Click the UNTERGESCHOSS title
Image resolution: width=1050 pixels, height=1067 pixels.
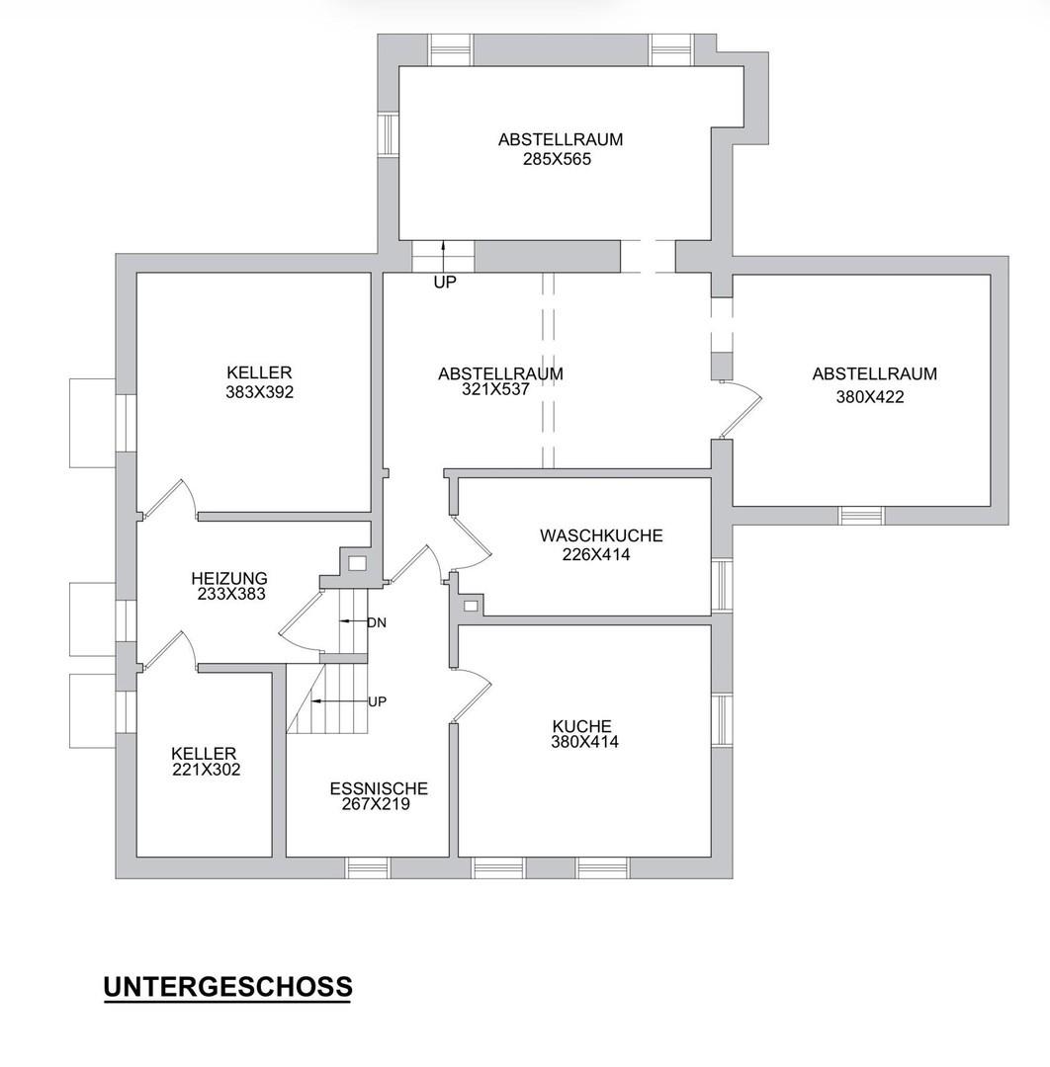pos(227,986)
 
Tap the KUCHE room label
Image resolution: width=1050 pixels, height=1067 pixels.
pos(582,726)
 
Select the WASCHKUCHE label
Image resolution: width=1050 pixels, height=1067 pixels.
pos(601,535)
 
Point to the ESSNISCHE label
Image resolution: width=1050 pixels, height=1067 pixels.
pos(379,788)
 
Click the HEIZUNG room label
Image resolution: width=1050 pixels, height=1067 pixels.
pos(229,578)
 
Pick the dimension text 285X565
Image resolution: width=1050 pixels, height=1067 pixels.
pos(557,159)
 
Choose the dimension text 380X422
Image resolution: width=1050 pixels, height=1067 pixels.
pos(870,397)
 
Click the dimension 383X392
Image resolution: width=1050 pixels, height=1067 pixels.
pos(259,392)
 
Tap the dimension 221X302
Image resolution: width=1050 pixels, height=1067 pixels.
pos(207,770)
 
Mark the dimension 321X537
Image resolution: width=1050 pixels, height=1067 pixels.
pos(495,389)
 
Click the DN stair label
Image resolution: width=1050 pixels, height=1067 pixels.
pos(377,622)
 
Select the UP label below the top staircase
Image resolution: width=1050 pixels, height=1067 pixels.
pos(445,282)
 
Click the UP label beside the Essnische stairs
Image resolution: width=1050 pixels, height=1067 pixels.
pos(378,701)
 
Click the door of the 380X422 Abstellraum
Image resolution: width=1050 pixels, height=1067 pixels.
pos(740,410)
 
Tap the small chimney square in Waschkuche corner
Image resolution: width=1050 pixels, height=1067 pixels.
pos(471,605)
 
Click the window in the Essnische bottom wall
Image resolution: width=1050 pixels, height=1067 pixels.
pos(368,867)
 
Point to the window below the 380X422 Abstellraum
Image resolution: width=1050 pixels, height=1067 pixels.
pos(861,515)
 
